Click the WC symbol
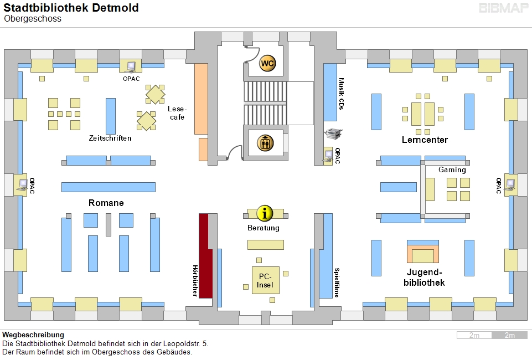[x=267, y=63]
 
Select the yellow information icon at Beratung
[x=266, y=213]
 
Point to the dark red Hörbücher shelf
[x=205, y=256]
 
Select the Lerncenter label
[x=425, y=140]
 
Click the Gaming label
[x=452, y=170]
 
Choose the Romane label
[x=106, y=203]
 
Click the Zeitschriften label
[x=110, y=138]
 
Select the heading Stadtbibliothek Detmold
[x=71, y=8]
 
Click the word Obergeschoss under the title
[x=33, y=19]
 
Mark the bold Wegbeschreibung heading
[x=33, y=335]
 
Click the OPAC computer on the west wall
[x=23, y=184]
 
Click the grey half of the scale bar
[x=509, y=335]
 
